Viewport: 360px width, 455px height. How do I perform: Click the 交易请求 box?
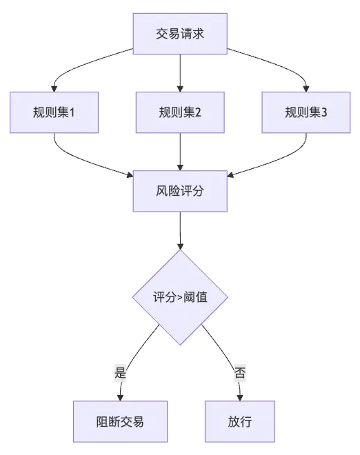pyautogui.click(x=180, y=34)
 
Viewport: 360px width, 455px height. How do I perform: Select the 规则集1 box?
pyautogui.click(x=54, y=112)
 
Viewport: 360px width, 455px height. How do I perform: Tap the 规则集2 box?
pyautogui.click(x=180, y=112)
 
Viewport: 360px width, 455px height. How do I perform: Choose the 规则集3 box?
pyautogui.click(x=306, y=112)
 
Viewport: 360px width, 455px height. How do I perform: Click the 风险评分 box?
pyautogui.click(x=180, y=191)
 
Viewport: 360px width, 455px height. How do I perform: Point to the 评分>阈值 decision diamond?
pyautogui.click(x=180, y=297)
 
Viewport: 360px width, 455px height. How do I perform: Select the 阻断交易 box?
pyautogui.click(x=120, y=422)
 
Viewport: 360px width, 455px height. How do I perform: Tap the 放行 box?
pyautogui.click(x=240, y=422)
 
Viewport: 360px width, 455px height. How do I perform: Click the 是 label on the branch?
pyautogui.click(x=120, y=372)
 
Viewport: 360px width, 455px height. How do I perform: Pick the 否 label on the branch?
pyautogui.click(x=240, y=372)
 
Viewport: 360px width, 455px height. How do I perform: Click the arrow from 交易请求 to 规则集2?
pyautogui.click(x=180, y=73)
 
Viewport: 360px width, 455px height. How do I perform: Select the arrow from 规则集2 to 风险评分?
pyautogui.click(x=180, y=152)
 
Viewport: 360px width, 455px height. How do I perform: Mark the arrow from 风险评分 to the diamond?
pyautogui.click(x=180, y=231)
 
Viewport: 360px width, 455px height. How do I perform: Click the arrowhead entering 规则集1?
pyautogui.click(x=54, y=89)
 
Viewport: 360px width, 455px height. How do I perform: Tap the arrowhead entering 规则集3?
pyautogui.click(x=306, y=89)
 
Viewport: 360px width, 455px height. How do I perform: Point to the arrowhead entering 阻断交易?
pyautogui.click(x=120, y=398)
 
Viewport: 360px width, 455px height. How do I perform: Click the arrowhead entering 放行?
pyautogui.click(x=240, y=398)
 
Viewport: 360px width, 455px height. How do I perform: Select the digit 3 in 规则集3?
pyautogui.click(x=324, y=112)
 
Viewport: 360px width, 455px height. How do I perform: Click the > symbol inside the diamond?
pyautogui.click(x=180, y=298)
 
